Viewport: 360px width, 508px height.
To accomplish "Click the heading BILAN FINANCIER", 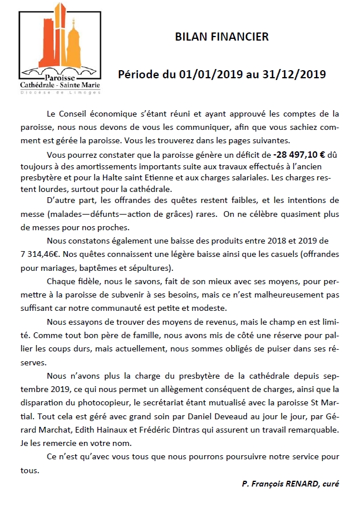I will [222, 37].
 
